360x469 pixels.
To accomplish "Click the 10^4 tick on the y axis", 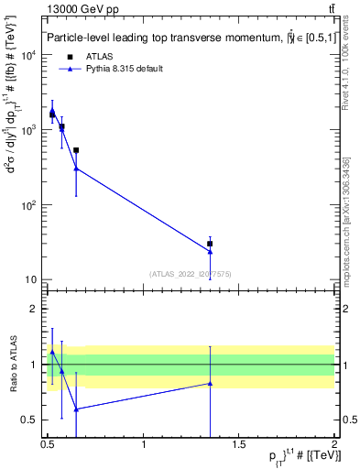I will pos(33,55).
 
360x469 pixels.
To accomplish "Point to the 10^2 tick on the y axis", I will pos(33,204).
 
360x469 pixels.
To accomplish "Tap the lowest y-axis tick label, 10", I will pos(34,279).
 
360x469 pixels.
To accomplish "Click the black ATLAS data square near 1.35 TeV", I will pos(210,244).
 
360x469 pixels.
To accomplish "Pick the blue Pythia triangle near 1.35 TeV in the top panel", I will pos(210,251).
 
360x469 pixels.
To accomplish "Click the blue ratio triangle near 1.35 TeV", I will pos(210,383).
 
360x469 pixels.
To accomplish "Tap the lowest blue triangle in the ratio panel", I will pos(76,409).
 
